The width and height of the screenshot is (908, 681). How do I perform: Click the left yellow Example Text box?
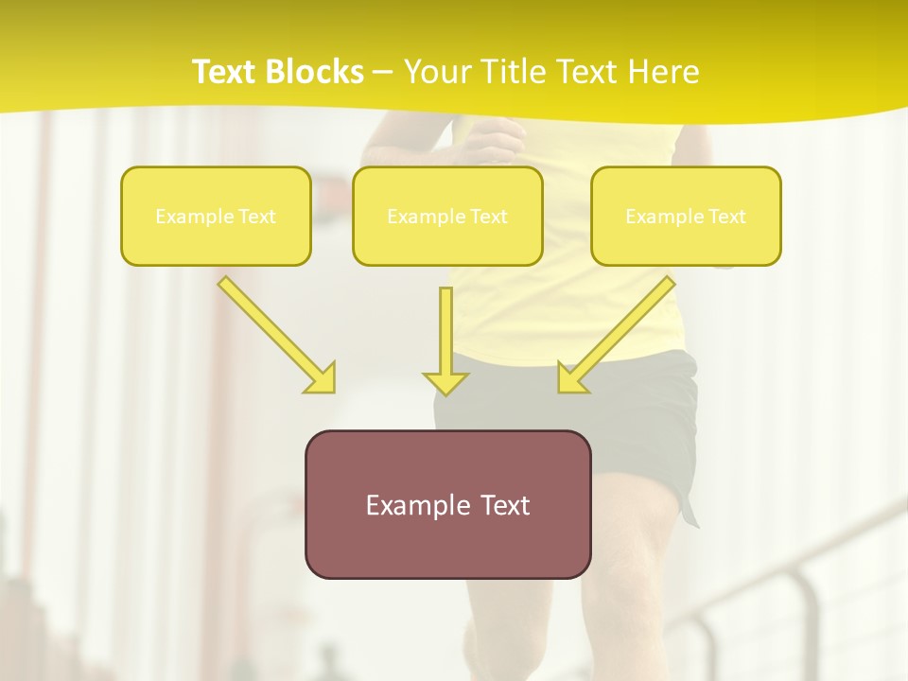(216, 216)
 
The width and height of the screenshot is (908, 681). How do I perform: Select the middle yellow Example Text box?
(447, 216)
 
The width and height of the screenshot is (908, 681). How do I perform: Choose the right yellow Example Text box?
(686, 216)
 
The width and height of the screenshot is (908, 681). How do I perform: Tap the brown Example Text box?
(447, 504)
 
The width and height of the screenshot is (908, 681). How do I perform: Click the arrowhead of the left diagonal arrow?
(323, 379)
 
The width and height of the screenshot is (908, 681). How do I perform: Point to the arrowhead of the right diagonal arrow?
(570, 379)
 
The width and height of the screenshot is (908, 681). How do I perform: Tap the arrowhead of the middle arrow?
(445, 382)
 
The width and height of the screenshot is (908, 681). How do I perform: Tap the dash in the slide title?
(383, 73)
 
